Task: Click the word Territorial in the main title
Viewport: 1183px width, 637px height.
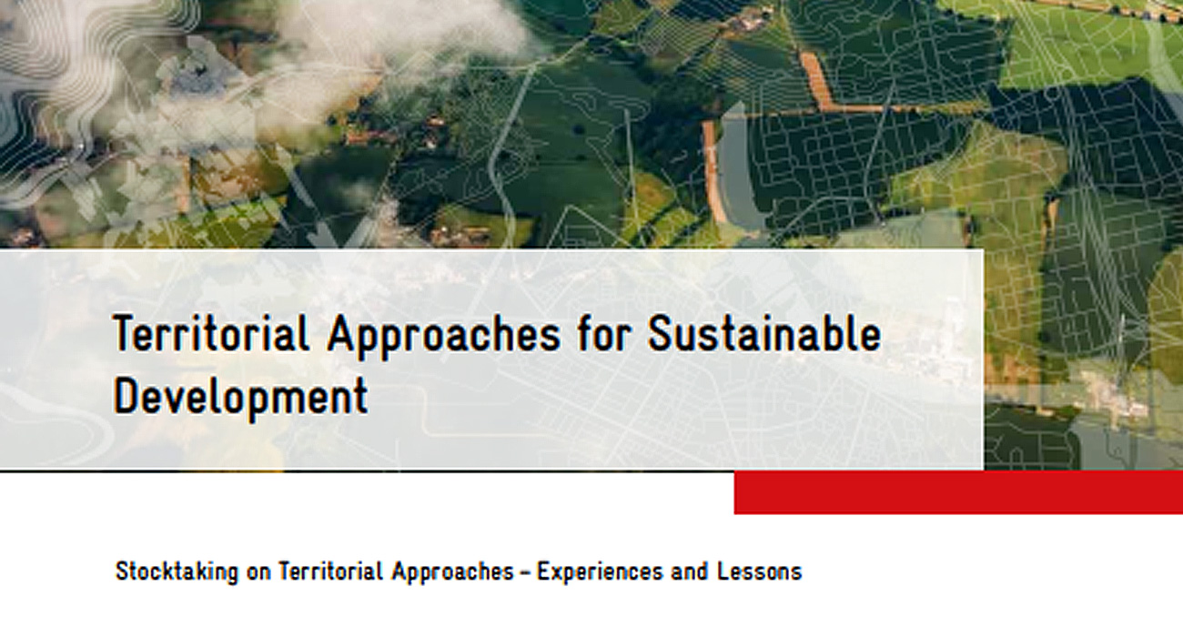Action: (x=210, y=333)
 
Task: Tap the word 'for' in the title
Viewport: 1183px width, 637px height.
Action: (x=603, y=333)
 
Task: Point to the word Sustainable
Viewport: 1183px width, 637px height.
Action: (x=764, y=333)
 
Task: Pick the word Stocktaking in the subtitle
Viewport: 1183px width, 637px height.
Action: (x=177, y=572)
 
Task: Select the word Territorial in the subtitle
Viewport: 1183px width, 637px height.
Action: (x=330, y=571)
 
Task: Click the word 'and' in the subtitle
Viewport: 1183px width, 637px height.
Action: (x=689, y=571)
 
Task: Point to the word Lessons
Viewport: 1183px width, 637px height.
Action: (x=760, y=571)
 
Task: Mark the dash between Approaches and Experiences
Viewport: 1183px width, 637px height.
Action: (x=525, y=573)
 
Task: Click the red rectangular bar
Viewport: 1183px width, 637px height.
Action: (x=958, y=492)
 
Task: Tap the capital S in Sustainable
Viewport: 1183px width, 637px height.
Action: (x=660, y=333)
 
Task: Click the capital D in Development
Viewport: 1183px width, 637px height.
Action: (x=126, y=396)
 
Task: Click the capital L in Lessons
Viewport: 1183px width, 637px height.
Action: (x=723, y=571)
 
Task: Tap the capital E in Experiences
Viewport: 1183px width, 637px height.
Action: (x=544, y=571)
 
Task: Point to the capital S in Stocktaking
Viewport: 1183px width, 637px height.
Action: (x=123, y=571)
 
